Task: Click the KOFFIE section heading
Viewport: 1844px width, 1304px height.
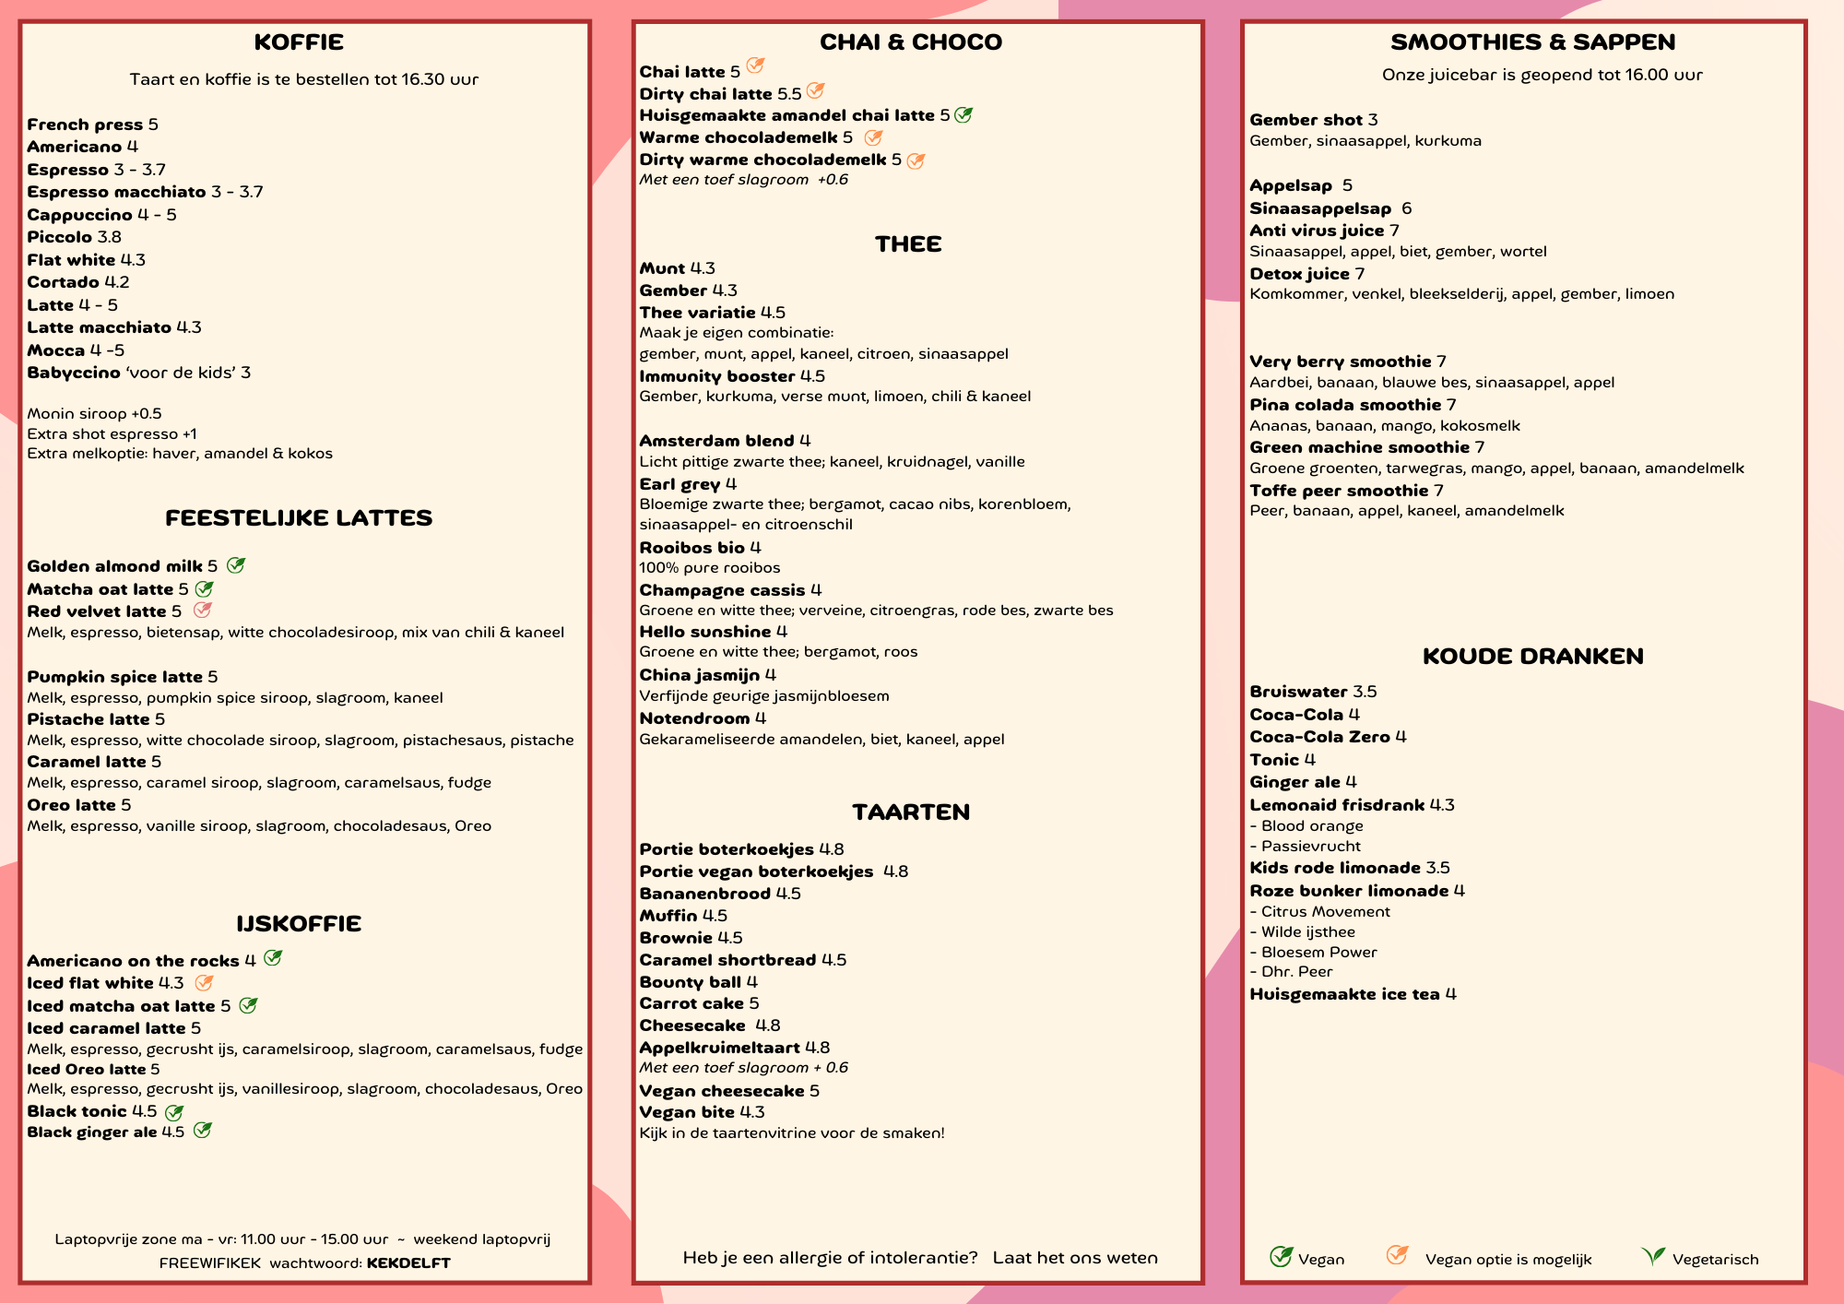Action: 299,42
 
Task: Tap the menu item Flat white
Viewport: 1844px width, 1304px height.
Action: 71,260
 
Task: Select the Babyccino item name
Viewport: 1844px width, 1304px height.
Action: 74,373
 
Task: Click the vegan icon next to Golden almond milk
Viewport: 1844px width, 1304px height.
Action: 236,565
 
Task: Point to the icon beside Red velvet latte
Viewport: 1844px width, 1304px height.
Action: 203,611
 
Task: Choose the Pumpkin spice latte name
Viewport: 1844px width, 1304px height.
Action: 114,677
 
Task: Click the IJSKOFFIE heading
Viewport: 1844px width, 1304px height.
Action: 299,924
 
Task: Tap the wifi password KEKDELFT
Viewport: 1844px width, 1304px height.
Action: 408,1263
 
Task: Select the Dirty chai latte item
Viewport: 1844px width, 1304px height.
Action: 705,94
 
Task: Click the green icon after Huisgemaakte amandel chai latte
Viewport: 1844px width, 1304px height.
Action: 963,115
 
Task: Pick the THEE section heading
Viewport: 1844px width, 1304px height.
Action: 908,244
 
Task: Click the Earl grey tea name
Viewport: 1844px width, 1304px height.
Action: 680,484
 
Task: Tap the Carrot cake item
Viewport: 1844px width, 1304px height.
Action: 691,1003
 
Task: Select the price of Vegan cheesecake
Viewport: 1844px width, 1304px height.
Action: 814,1091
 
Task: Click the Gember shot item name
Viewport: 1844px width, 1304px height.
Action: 1306,120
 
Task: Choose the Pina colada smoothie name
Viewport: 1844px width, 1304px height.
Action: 1345,405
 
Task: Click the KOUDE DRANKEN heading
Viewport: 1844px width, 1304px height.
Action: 1532,657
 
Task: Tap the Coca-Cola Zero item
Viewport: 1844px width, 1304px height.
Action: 1319,737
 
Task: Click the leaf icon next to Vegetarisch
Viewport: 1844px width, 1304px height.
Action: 1653,1256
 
